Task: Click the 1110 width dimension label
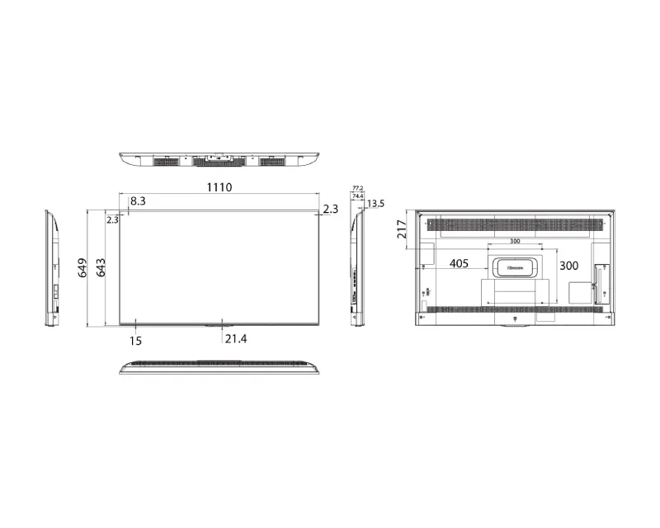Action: pos(219,187)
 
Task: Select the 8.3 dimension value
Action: pos(138,200)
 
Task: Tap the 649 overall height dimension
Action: pos(83,267)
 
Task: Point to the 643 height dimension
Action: pos(101,267)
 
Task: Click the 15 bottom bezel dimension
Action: pos(135,339)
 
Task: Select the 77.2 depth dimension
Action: pos(357,188)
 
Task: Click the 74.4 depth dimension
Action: pos(357,196)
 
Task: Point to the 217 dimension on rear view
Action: pos(402,229)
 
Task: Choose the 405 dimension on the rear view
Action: pos(459,264)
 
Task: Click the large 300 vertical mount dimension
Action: pos(568,266)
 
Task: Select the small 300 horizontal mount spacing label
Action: pos(514,242)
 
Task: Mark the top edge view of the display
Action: pos(219,159)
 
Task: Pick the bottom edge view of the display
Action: pos(219,367)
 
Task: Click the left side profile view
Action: pos(52,268)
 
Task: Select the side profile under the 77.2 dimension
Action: pos(357,268)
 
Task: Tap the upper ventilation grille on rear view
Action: pos(514,224)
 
